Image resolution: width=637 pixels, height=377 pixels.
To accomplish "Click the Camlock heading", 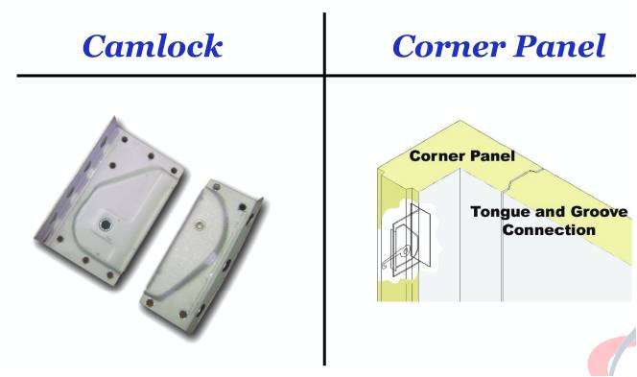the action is [153, 46].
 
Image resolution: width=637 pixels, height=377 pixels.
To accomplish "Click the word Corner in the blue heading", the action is [449, 46].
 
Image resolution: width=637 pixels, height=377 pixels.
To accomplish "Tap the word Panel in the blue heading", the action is [560, 46].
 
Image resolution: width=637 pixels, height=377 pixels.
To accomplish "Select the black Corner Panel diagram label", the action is [461, 156].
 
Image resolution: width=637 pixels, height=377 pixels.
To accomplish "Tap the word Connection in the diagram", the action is [549, 230].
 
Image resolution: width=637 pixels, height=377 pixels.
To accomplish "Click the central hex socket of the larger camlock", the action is [106, 224].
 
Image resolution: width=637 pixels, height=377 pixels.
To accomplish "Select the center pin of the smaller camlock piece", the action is [200, 224].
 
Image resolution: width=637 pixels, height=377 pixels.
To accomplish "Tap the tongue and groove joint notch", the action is [523, 179].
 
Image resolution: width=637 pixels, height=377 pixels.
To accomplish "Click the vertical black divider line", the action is [324, 189].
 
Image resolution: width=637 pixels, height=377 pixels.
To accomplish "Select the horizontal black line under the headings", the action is [326, 76].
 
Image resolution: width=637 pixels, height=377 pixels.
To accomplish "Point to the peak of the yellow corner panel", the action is [460, 121].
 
